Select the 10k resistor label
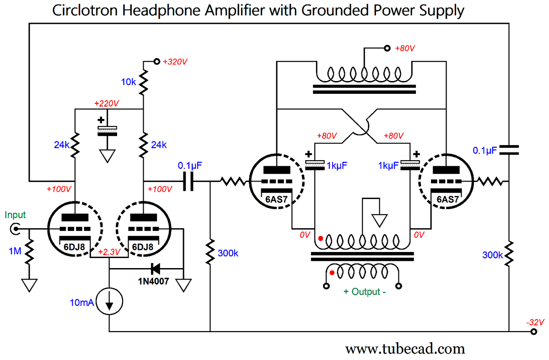(x=128, y=82)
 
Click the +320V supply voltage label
(x=176, y=61)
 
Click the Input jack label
(x=16, y=215)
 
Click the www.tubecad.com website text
(x=405, y=349)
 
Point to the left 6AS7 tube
(x=277, y=182)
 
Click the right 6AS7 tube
(x=446, y=182)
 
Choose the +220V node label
(x=107, y=104)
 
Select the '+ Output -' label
(x=363, y=292)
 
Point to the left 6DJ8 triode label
(x=75, y=247)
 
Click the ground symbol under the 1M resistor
(x=30, y=285)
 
